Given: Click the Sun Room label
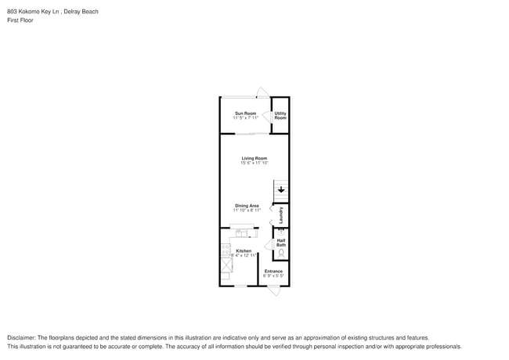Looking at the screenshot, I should click(245, 113).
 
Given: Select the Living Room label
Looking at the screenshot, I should click(254, 159).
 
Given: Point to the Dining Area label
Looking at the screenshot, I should click(247, 206).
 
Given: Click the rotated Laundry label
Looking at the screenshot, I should click(280, 214).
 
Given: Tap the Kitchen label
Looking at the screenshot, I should click(244, 250).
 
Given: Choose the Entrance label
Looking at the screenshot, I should click(273, 272).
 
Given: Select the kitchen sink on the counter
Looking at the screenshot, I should click(240, 232).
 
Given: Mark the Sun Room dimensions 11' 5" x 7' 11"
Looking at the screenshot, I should click(245, 118).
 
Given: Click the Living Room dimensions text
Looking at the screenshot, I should click(254, 164).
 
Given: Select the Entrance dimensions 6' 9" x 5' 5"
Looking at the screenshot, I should click(273, 276).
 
